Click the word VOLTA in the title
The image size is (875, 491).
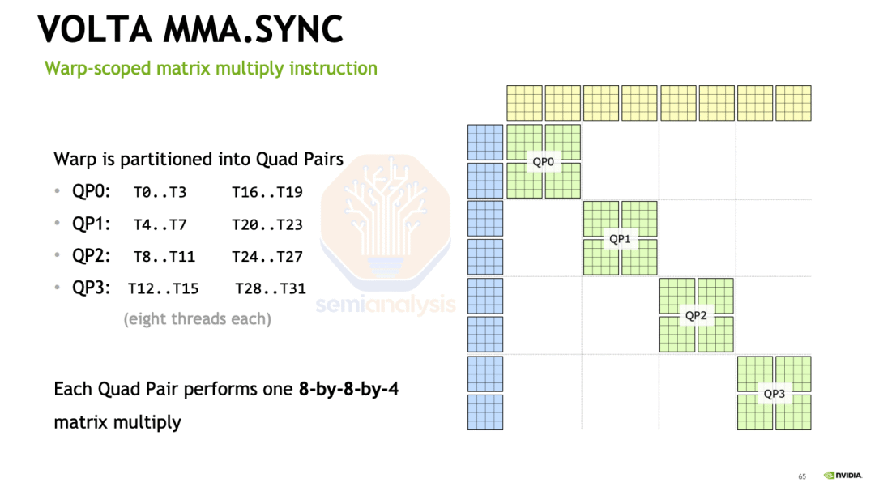[94, 29]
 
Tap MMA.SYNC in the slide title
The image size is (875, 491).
[253, 29]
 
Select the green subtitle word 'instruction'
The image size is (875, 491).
[333, 68]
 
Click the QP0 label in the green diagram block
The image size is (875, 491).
[543, 162]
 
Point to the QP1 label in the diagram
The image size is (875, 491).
[620, 239]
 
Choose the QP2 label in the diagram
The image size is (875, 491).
[696, 316]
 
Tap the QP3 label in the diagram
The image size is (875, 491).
[774, 394]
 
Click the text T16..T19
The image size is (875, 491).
[267, 193]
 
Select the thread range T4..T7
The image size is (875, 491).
[160, 225]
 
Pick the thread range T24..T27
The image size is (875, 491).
[267, 257]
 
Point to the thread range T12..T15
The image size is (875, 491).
[164, 288]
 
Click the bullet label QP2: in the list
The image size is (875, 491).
[91, 256]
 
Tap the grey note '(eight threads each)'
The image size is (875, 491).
[198, 318]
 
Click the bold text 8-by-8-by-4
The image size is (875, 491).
[348, 389]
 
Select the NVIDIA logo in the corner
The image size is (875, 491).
[843, 476]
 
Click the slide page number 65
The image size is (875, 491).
[802, 476]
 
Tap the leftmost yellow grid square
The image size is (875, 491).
[524, 103]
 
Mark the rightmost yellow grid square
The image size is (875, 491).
[793, 103]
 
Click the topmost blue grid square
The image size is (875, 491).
[485, 143]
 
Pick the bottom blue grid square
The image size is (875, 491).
[485, 412]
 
